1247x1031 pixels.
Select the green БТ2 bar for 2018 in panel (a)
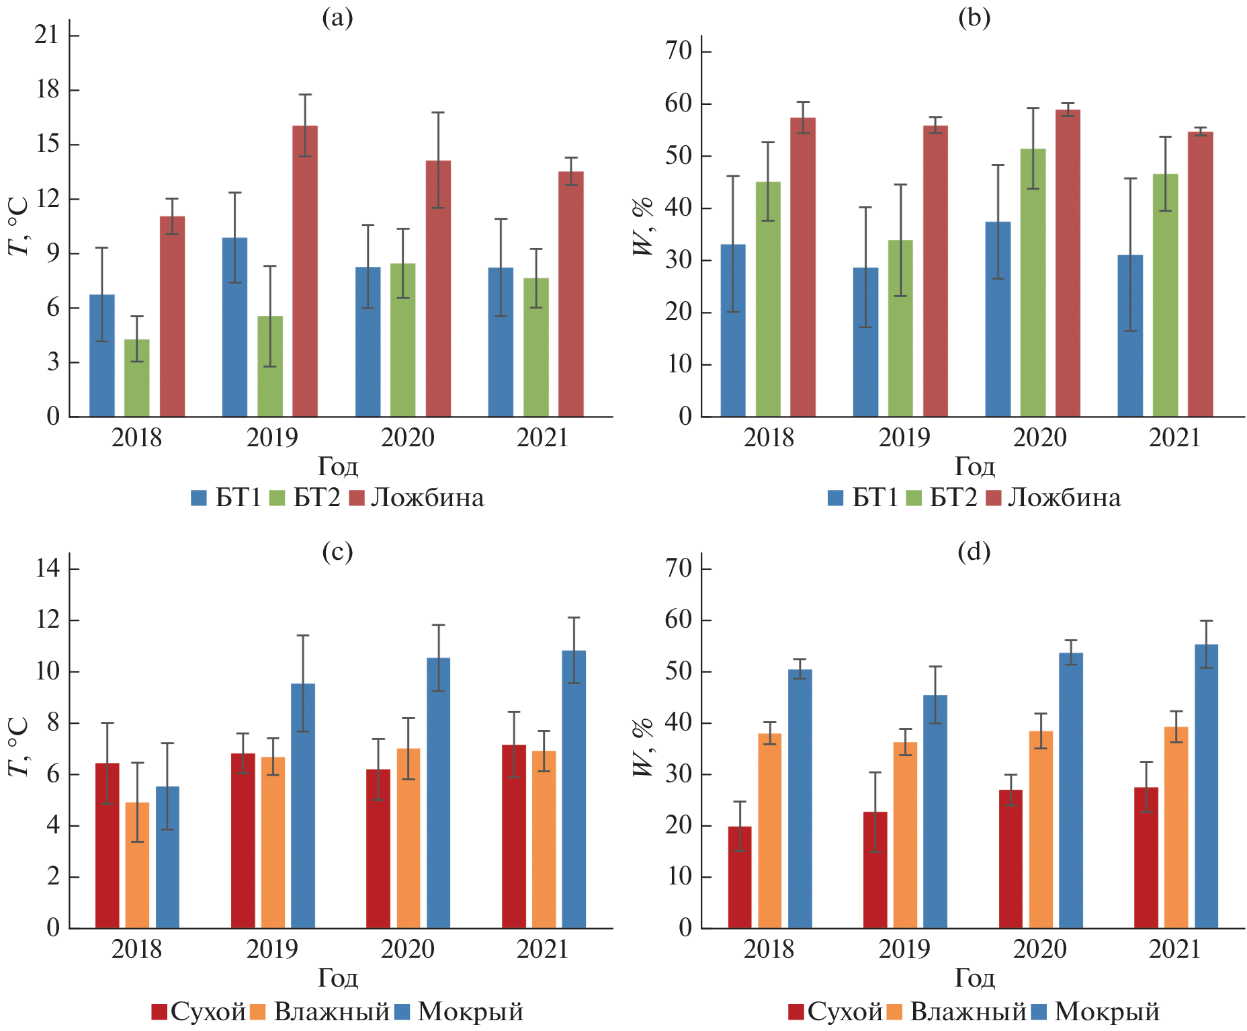[137, 378]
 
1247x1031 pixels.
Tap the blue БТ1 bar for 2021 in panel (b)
[1130, 335]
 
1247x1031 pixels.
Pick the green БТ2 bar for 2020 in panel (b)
[1033, 282]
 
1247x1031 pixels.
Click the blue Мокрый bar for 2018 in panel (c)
[167, 857]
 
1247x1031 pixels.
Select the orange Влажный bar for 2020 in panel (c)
[408, 838]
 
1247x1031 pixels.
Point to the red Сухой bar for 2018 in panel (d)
[740, 877]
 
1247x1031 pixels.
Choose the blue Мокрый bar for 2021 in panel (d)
[1206, 786]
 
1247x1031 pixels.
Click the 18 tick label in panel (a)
[48, 89]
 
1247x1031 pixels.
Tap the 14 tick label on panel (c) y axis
[48, 569]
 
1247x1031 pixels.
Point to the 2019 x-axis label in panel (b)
[904, 438]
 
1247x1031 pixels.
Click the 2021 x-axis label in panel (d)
[1174, 950]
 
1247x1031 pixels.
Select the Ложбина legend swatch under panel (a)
[357, 498]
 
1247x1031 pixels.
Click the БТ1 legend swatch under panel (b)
[835, 498]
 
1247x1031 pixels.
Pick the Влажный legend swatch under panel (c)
[258, 1012]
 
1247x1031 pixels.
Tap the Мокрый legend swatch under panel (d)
[1039, 1012]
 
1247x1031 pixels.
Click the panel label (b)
[974, 18]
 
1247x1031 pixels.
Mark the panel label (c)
[337, 552]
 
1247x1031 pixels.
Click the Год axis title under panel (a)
[337, 466]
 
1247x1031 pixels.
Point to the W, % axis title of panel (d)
[643, 747]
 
